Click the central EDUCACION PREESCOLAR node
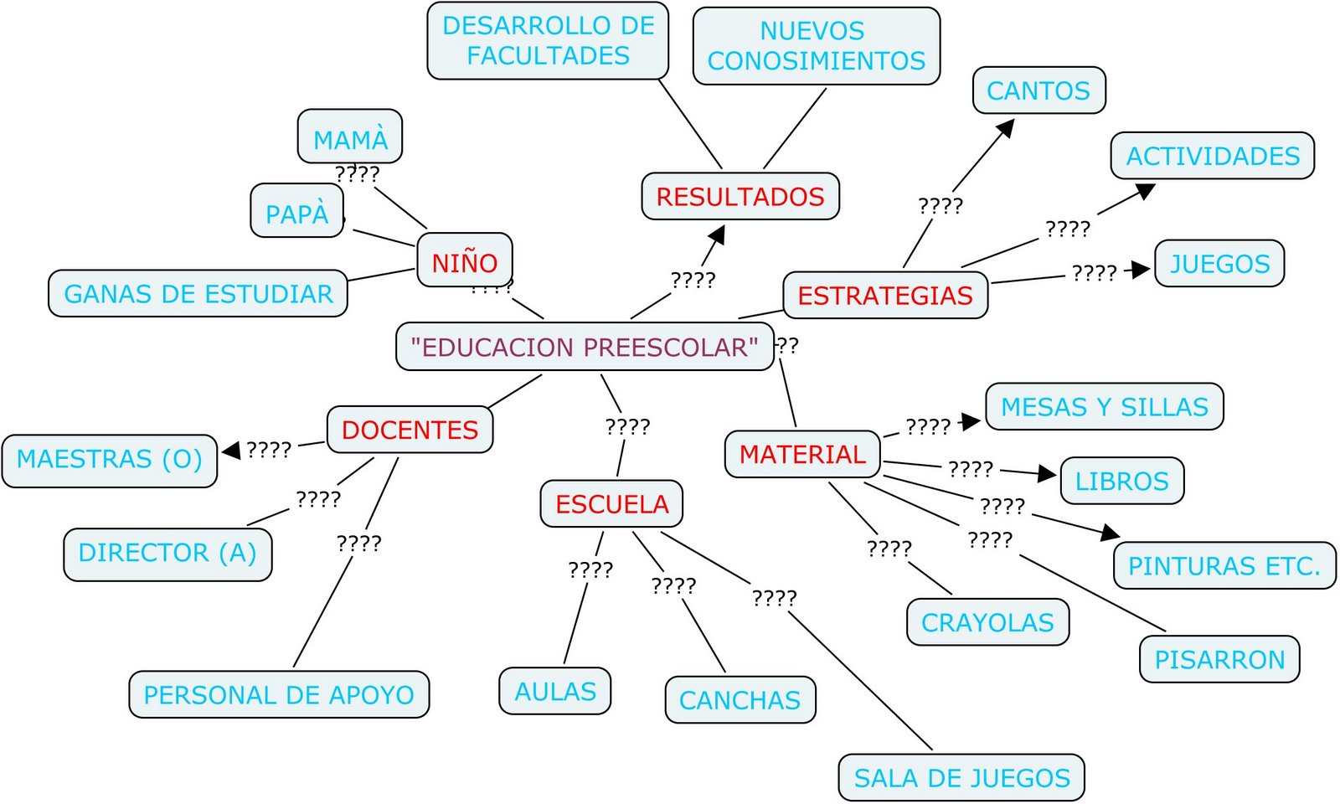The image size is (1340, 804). [x=584, y=347]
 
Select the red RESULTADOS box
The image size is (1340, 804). [x=740, y=197]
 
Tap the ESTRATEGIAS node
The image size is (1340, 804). [x=885, y=296]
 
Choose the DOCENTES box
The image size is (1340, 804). [x=410, y=430]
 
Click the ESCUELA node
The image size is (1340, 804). [x=611, y=504]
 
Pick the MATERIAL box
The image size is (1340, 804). [x=802, y=454]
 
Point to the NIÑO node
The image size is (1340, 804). [x=465, y=262]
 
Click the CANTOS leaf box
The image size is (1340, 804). [x=1038, y=90]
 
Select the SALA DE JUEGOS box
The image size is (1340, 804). [x=961, y=778]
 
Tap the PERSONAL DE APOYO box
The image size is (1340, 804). [x=279, y=695]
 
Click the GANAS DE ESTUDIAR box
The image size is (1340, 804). [x=198, y=294]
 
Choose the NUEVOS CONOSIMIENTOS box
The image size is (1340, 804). [x=817, y=46]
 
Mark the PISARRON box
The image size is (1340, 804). [x=1219, y=659]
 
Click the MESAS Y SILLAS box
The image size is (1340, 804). [x=1105, y=407]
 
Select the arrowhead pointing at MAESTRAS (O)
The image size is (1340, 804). [x=231, y=451]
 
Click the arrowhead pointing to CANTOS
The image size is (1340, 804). [x=1006, y=128]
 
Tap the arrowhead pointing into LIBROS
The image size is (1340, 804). [x=1047, y=474]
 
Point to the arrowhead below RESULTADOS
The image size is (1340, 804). [x=717, y=234]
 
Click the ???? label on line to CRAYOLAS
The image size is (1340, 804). [x=889, y=549]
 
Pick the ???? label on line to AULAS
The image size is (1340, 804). [x=590, y=569]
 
